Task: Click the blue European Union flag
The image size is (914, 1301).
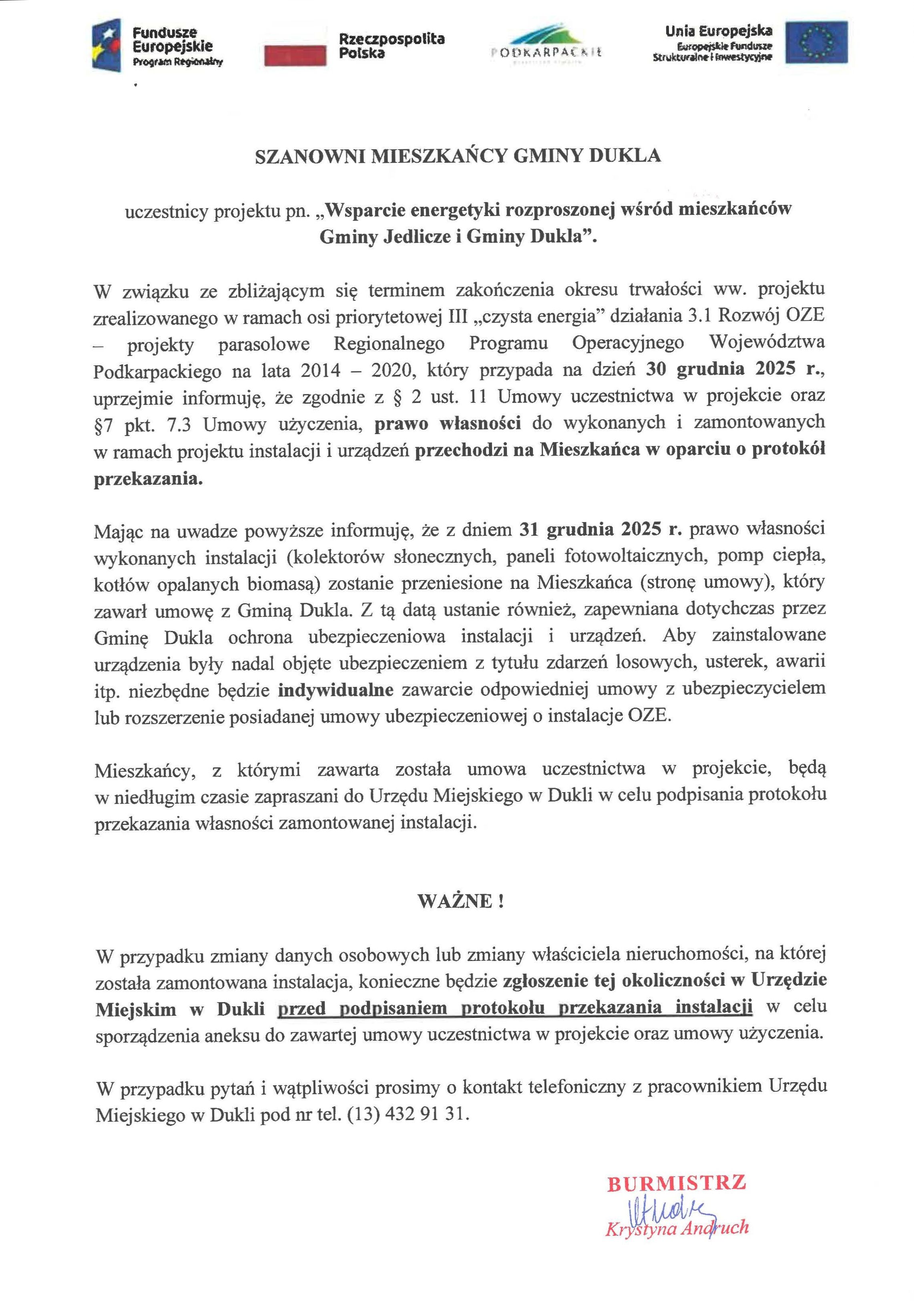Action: tap(816, 42)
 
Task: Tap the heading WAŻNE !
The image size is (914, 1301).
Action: tap(460, 901)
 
